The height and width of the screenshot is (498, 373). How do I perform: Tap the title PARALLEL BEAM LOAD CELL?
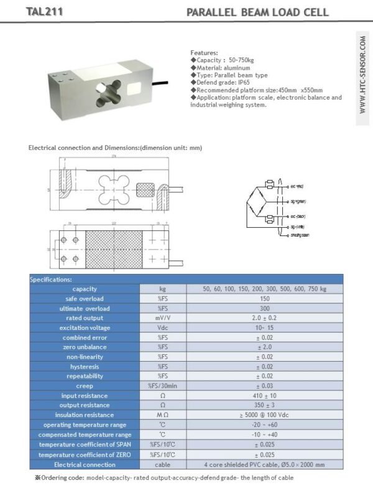(x=257, y=12)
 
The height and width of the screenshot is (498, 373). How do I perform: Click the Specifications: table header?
(x=51, y=280)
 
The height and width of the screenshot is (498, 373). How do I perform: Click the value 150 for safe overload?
(x=264, y=299)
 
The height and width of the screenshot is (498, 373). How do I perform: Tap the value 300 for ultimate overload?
(x=264, y=309)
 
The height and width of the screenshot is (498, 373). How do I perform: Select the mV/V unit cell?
(x=163, y=318)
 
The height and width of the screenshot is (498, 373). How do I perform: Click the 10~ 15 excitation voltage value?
(x=264, y=328)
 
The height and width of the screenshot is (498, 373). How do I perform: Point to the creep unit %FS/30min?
(x=163, y=386)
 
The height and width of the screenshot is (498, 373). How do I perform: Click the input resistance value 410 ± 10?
(x=264, y=396)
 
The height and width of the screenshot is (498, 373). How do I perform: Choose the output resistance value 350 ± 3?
(x=264, y=405)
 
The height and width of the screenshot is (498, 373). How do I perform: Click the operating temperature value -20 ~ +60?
(x=264, y=425)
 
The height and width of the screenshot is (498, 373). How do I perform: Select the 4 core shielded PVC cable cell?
(x=264, y=464)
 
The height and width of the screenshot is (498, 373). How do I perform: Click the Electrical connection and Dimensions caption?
(x=116, y=148)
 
